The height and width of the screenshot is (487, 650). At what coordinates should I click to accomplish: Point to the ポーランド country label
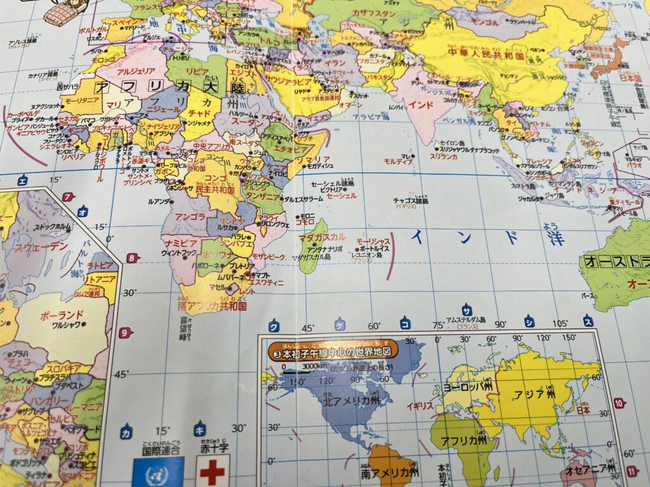click(x=62, y=315)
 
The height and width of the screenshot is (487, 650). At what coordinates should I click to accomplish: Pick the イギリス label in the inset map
click(x=420, y=405)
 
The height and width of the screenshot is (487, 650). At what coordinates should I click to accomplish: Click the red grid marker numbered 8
click(x=131, y=258)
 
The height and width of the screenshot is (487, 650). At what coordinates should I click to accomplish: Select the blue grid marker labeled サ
click(x=467, y=309)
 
